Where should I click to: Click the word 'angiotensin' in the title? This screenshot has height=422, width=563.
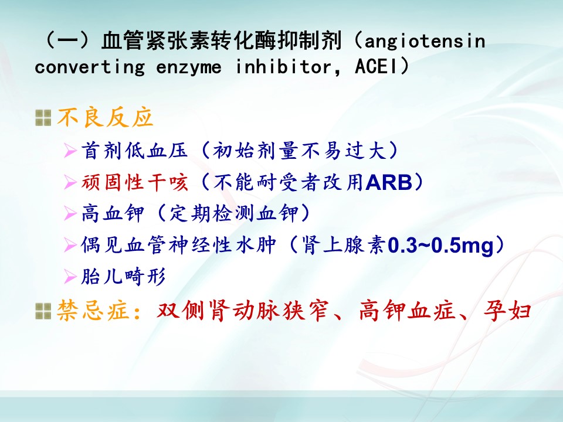point(425,42)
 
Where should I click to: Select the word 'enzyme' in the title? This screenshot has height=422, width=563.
point(189,67)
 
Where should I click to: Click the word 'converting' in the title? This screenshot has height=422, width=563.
point(90,67)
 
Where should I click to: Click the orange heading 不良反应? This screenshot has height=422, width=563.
point(106,118)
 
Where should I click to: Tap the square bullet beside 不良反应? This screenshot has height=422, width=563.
point(43,118)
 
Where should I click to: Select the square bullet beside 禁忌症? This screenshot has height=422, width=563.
point(43,311)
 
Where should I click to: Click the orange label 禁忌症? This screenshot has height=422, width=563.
point(93,311)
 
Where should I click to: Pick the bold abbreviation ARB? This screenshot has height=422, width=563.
point(389,182)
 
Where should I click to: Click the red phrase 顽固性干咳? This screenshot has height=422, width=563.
point(135,182)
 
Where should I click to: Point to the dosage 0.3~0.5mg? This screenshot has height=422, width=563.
point(441,246)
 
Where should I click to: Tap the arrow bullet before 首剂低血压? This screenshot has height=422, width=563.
point(70,151)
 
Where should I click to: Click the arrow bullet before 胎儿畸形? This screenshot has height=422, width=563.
point(70,277)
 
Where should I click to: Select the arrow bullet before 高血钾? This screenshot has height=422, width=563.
point(70,214)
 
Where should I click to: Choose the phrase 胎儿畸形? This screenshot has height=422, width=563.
point(124,277)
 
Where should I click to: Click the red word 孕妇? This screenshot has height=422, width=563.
point(507,311)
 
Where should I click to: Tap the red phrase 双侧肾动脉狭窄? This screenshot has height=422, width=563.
point(243,311)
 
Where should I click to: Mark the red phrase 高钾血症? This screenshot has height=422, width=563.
point(407,311)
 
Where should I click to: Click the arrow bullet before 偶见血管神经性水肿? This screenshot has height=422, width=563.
point(70,246)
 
